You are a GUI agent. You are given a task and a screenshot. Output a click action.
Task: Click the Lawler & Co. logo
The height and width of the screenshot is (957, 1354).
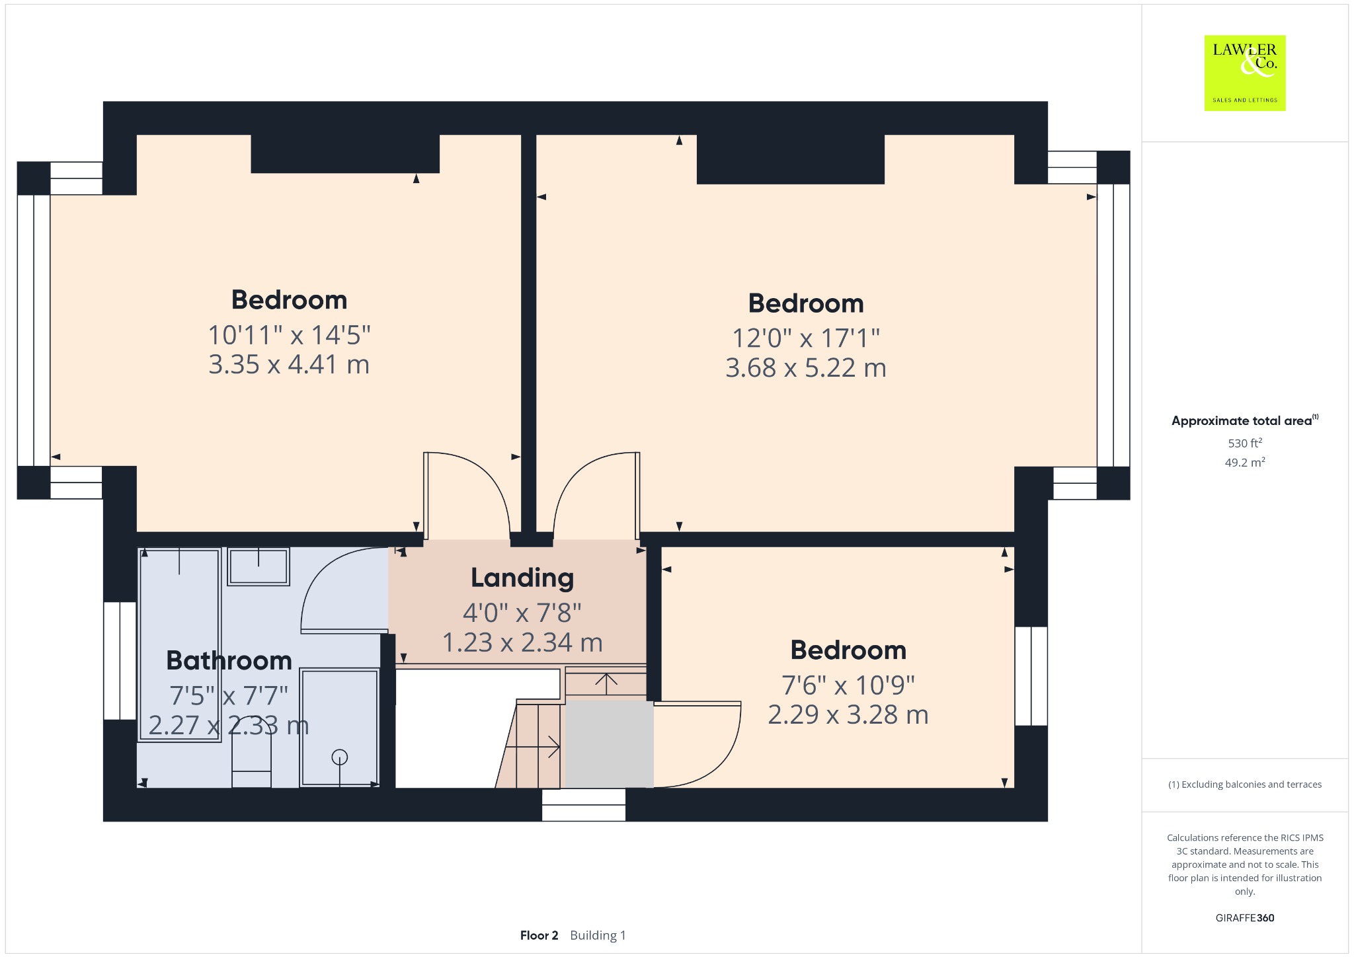pyautogui.click(x=1245, y=73)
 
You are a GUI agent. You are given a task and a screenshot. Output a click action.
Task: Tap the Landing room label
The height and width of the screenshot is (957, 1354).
pyautogui.click(x=522, y=578)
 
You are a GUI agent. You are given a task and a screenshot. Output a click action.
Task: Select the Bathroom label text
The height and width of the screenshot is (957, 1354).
pyautogui.click(x=229, y=660)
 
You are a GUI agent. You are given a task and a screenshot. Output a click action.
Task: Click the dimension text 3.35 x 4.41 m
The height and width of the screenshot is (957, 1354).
pyautogui.click(x=289, y=365)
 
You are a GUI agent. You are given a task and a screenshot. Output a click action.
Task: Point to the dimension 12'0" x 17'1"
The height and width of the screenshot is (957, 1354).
pyautogui.click(x=806, y=338)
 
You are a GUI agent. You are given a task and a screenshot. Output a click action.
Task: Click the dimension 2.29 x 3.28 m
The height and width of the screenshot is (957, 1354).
pyautogui.click(x=848, y=714)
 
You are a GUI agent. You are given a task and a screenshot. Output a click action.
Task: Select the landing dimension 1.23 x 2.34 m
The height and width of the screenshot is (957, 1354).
pyautogui.click(x=522, y=642)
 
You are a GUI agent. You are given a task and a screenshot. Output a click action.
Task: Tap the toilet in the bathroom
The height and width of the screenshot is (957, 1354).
pyautogui.click(x=251, y=752)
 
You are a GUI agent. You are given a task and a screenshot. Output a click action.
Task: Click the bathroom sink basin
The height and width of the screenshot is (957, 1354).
pyautogui.click(x=259, y=566)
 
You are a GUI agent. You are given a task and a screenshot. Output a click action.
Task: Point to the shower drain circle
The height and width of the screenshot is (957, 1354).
pyautogui.click(x=340, y=757)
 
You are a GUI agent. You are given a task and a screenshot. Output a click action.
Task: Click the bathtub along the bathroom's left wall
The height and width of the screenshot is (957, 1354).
pyautogui.click(x=180, y=645)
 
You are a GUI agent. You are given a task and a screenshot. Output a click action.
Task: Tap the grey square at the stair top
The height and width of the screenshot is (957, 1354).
pyautogui.click(x=609, y=744)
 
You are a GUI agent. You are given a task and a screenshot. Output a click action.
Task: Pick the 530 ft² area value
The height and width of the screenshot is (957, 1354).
pyautogui.click(x=1245, y=443)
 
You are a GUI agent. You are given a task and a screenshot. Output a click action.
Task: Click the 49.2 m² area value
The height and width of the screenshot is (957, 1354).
pyautogui.click(x=1245, y=462)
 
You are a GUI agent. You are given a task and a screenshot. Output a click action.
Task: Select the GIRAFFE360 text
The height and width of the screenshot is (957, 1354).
pyautogui.click(x=1245, y=917)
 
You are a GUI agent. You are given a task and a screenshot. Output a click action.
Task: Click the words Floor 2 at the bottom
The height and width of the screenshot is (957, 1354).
pyautogui.click(x=539, y=935)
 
